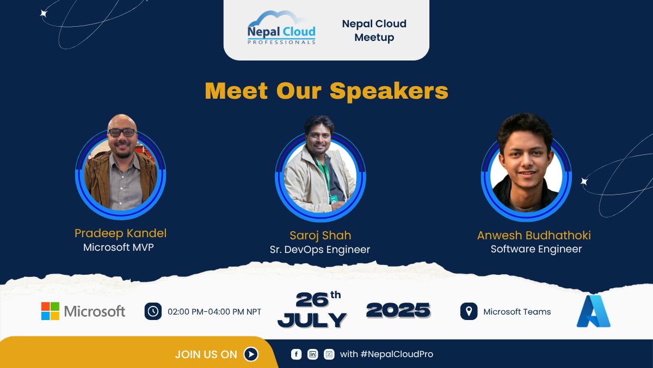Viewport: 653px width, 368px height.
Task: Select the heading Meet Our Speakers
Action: click(x=326, y=91)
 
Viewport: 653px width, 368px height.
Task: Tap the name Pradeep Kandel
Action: click(x=120, y=233)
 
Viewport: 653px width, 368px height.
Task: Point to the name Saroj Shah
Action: click(x=320, y=236)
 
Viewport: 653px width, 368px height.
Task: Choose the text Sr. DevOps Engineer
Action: click(x=320, y=250)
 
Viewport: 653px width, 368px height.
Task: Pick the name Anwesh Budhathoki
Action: click(x=534, y=236)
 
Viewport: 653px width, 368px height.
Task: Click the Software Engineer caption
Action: click(x=536, y=249)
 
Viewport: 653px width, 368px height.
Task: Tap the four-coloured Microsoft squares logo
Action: click(x=50, y=311)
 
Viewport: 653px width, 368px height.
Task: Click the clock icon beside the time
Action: click(x=153, y=311)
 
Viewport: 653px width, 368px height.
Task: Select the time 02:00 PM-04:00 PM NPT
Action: click(x=214, y=312)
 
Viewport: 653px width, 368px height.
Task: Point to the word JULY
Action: click(x=312, y=319)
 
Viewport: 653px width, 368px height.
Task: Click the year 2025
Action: click(x=398, y=310)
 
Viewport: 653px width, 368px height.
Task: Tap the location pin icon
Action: click(x=468, y=311)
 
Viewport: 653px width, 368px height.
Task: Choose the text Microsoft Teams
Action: click(x=517, y=312)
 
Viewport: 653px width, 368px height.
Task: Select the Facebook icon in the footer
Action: click(x=296, y=354)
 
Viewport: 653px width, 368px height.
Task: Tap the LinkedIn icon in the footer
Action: click(x=313, y=354)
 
